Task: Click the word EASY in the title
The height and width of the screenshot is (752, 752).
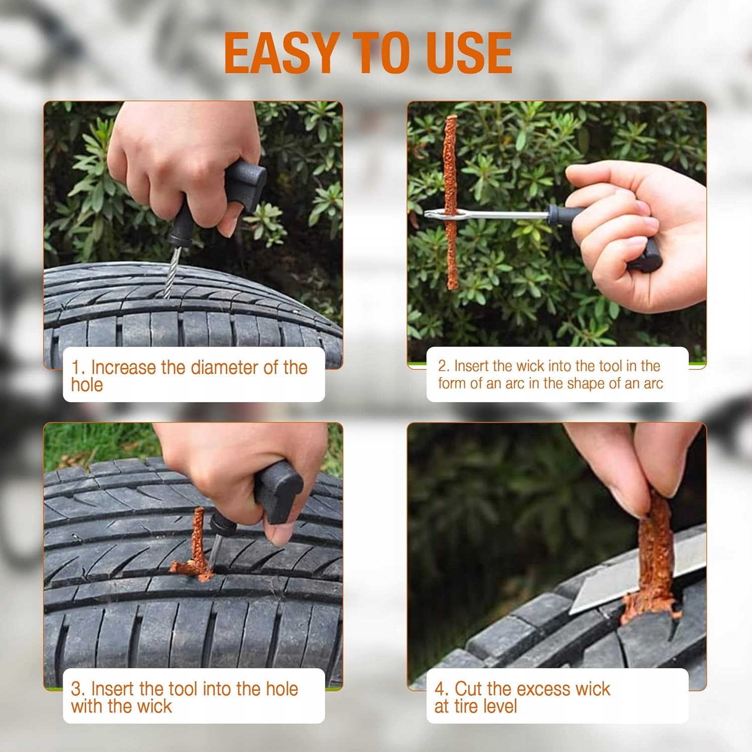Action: tap(281, 53)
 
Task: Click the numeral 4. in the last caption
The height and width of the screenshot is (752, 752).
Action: tap(442, 689)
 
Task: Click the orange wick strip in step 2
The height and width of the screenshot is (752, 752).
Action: tap(451, 202)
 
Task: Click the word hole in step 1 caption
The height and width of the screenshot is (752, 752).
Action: tap(87, 385)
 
